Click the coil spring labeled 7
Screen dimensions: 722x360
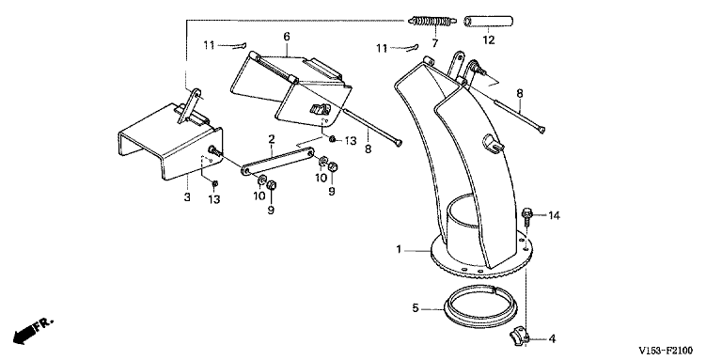point(432,22)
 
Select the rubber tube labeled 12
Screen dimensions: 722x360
point(488,22)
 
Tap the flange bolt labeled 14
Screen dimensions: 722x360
point(527,217)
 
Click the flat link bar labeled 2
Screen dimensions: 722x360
point(277,161)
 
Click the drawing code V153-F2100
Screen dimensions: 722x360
point(665,351)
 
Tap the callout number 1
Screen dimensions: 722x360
point(399,250)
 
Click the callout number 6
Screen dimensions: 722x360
point(287,37)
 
